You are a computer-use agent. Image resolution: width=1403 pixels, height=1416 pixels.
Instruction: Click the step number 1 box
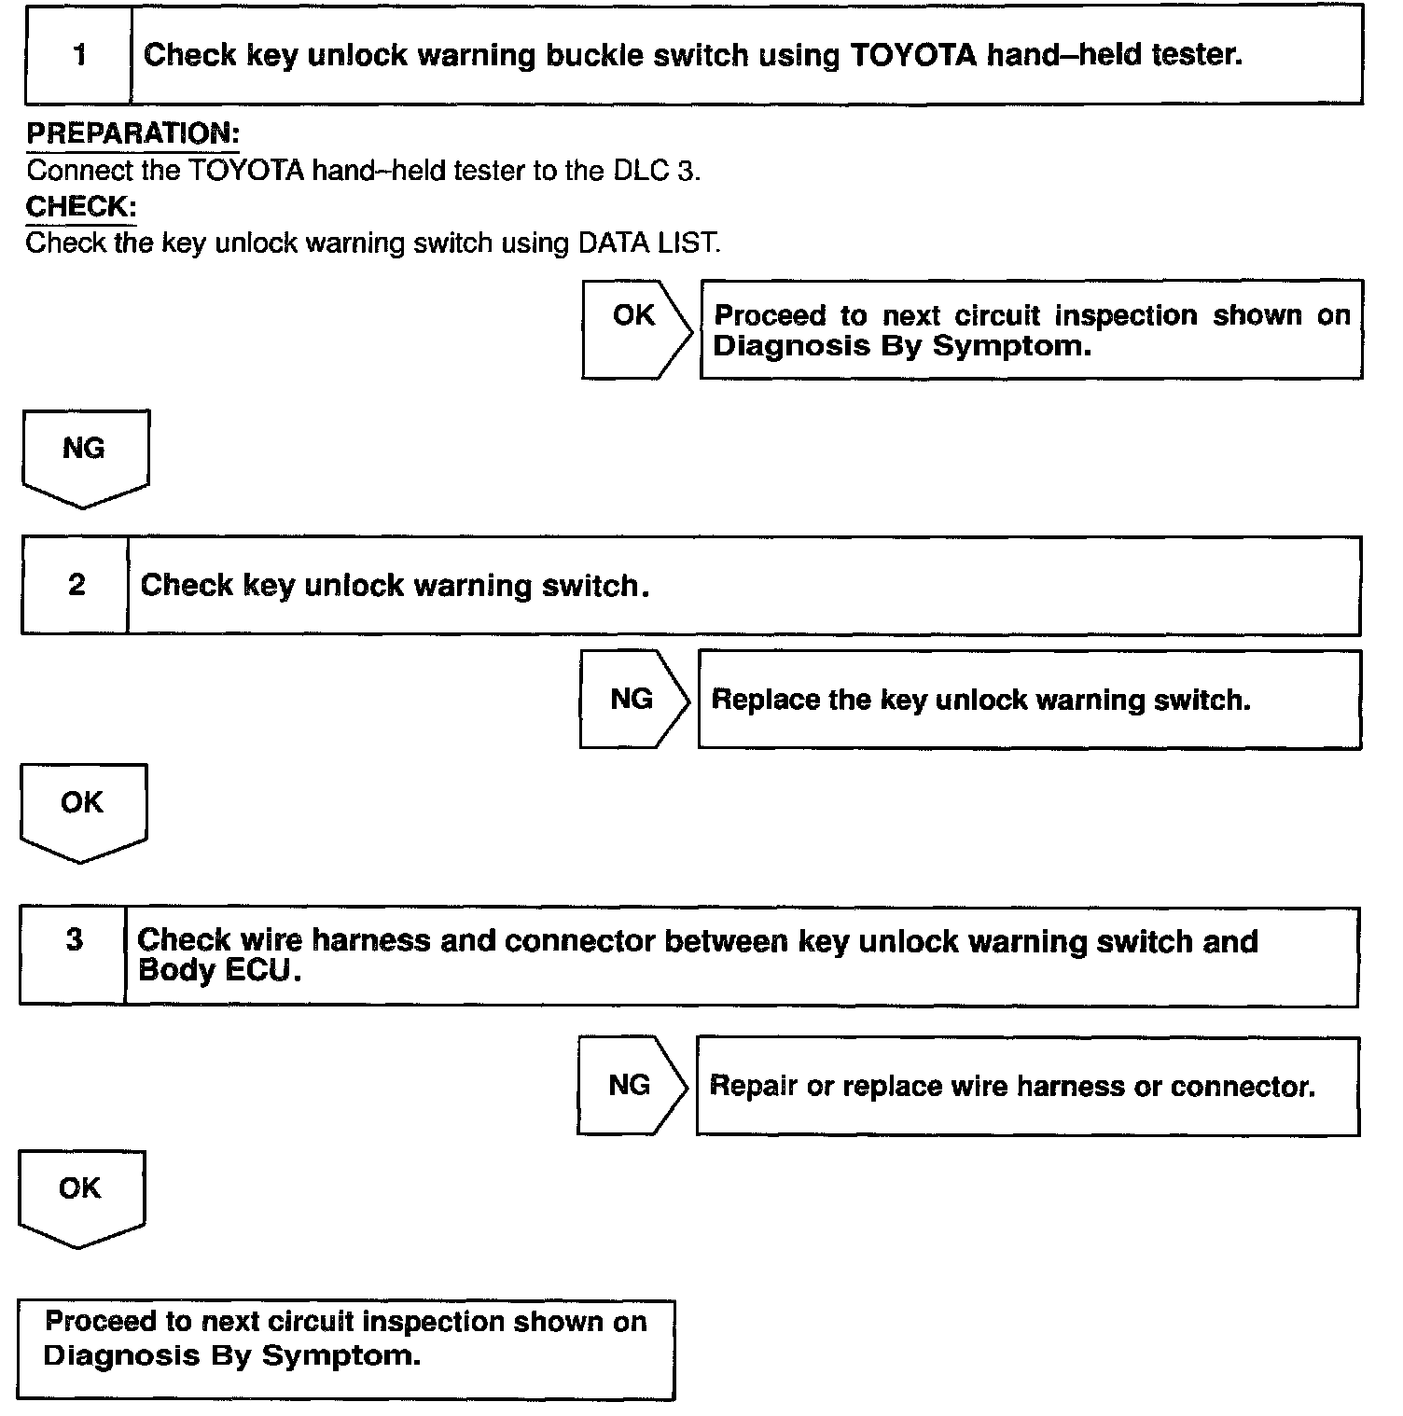pos(78,56)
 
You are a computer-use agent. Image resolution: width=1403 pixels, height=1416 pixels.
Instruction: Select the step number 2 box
pos(76,586)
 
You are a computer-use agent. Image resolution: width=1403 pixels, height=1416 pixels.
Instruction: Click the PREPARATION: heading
pos(132,133)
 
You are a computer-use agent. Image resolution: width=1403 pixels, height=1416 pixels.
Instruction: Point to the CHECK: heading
pos(80,206)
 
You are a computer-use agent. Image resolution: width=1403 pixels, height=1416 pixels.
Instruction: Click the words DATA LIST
pos(647,243)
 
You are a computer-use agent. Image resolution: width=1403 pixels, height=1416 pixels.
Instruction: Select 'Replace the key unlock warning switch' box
pos(1028,700)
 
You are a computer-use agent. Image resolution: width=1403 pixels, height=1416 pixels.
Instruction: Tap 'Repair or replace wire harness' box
pos(1026,1086)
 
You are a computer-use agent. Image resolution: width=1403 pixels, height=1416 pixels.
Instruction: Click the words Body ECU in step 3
pos(219,970)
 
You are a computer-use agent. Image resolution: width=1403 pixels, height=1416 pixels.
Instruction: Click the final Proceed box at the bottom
pos(345,1349)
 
